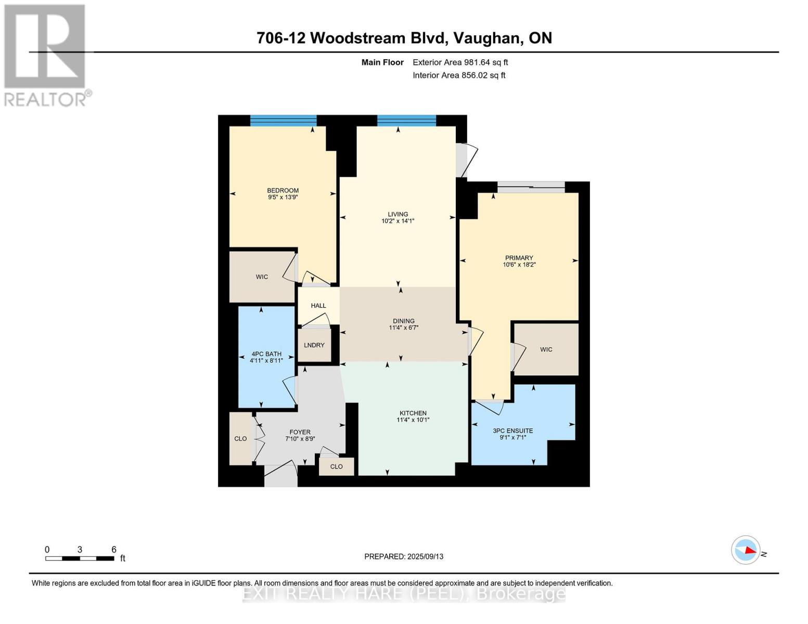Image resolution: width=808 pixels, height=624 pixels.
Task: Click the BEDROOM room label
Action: pos(283,190)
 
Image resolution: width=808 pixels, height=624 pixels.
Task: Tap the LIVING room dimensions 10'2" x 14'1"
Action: pos(397,221)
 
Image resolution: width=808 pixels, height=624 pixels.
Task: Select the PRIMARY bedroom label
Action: pos(519,258)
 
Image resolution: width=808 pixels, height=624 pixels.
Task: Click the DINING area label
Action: pos(403,321)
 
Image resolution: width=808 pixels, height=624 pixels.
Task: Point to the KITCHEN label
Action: pos(413,413)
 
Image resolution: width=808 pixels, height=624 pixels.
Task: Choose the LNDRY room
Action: pos(314,345)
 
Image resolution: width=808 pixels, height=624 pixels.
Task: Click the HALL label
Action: pos(318,306)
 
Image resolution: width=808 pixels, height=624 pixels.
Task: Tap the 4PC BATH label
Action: pos(266,354)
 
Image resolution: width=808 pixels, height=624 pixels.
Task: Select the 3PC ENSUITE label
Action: pos(512,431)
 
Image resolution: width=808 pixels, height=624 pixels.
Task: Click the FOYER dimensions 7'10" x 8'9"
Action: pos(300,439)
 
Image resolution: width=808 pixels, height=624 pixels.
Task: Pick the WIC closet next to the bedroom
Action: pos(262,277)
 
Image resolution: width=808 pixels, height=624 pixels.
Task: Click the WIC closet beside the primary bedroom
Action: pos(546,349)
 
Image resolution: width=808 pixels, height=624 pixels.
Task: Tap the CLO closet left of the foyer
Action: pos(240,439)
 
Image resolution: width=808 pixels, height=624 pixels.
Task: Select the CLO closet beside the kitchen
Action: pos(336,466)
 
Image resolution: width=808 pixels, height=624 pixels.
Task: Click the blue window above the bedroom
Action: pos(283,121)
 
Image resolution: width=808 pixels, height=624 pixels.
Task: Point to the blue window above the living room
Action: pos(406,121)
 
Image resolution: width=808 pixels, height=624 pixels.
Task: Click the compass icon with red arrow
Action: pos(746,550)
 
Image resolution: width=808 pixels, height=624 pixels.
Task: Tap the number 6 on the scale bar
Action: pos(113,550)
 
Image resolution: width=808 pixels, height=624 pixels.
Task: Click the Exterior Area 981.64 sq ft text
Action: pos(460,62)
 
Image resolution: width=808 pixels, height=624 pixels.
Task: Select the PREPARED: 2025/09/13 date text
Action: pos(404,556)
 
